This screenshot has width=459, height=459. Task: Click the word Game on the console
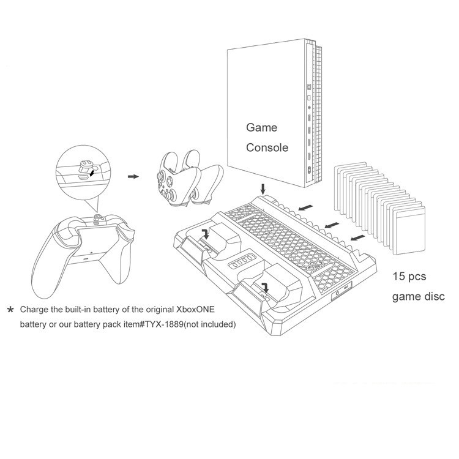click(261, 127)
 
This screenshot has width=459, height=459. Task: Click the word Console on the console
click(267, 147)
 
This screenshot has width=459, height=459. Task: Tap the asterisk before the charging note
click(10, 310)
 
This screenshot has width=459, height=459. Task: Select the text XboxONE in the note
click(195, 310)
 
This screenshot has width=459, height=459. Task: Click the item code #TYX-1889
click(161, 324)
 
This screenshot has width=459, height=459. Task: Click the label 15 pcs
click(409, 277)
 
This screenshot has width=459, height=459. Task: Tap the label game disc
click(419, 297)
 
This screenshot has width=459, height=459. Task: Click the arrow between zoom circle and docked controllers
click(133, 176)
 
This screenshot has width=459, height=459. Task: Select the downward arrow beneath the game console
click(263, 189)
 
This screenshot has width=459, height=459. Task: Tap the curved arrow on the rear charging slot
click(206, 234)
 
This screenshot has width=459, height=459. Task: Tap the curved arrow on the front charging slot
click(266, 287)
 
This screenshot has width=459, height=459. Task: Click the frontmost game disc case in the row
click(409, 230)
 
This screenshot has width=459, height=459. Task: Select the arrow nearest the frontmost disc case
click(358, 237)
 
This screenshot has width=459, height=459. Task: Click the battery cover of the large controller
click(94, 242)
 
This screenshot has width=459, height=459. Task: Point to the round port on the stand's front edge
click(337, 293)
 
